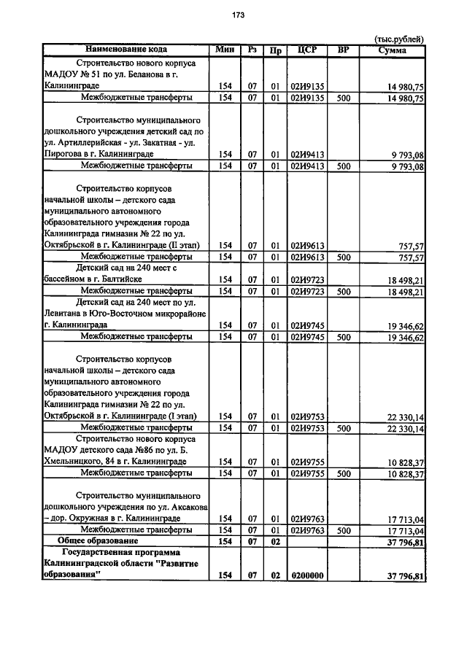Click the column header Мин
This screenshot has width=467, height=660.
(x=225, y=50)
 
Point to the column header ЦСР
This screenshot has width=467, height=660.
(x=306, y=50)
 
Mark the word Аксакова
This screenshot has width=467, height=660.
(x=188, y=507)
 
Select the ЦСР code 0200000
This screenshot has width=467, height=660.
(x=306, y=576)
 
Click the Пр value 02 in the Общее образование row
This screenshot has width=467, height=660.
(x=275, y=541)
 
